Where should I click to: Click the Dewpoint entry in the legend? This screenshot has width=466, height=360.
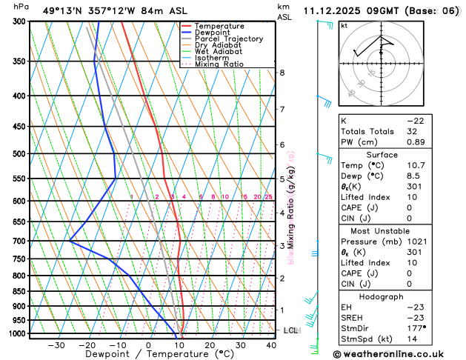(215, 33)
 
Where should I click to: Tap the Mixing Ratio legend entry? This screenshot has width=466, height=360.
(219, 64)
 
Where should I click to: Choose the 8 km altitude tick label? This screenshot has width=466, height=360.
(282, 73)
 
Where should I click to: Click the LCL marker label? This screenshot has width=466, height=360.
(290, 330)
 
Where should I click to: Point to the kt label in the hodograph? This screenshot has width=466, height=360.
(344, 25)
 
